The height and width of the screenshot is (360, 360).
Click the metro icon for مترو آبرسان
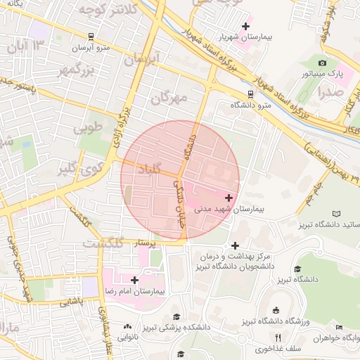pos(91,36)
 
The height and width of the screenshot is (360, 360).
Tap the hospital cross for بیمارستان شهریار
pos(245,27)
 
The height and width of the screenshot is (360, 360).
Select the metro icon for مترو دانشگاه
pos(251,93)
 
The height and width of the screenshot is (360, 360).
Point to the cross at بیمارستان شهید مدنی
pos(229,198)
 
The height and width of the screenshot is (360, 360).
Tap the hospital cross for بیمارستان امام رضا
pos(134,280)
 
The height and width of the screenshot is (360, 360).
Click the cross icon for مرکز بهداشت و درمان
pos(235,245)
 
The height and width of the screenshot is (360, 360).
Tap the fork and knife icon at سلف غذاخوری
pos(278,337)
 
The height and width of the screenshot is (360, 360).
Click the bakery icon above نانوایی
pos(127,326)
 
